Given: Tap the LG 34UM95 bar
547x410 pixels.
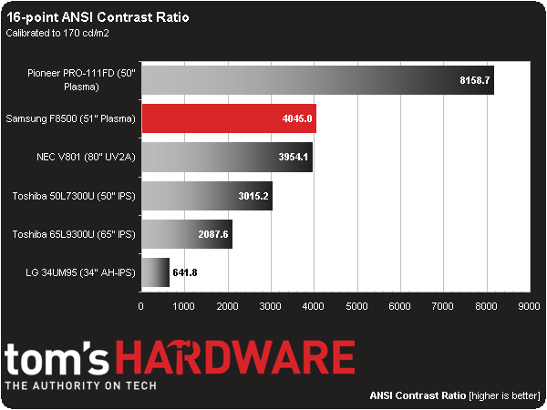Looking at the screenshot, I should click(154, 272).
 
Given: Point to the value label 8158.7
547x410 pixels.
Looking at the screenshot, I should click(474, 80).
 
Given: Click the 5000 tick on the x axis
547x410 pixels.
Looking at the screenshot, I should click(356, 306).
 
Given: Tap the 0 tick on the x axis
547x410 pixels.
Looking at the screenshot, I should click(140, 306).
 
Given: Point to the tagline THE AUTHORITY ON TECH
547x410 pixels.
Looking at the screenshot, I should click(82, 386).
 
